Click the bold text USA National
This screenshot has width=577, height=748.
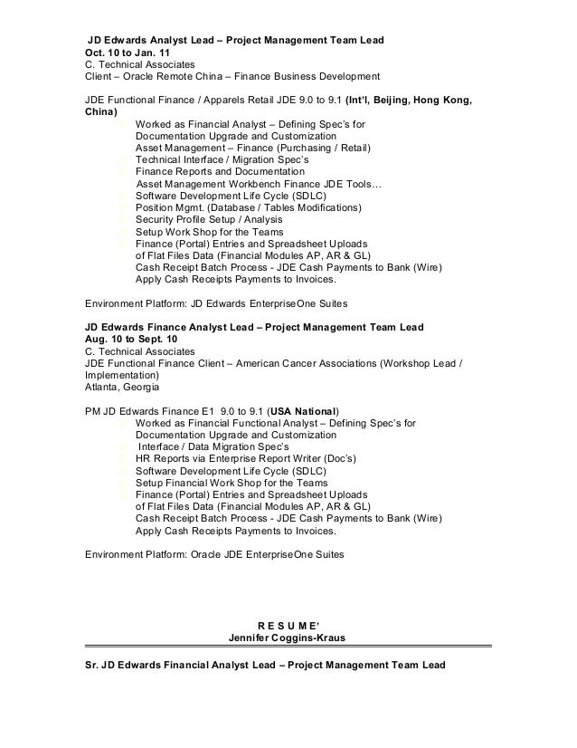coord(303,408)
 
